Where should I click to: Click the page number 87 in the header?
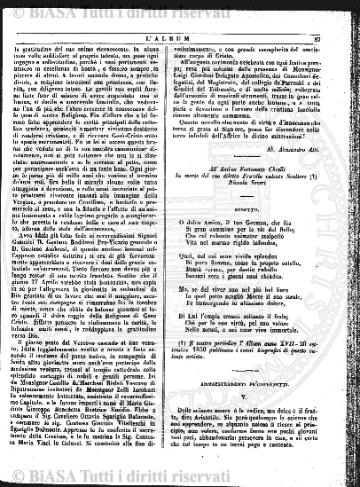pyautogui.click(x=341, y=30)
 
